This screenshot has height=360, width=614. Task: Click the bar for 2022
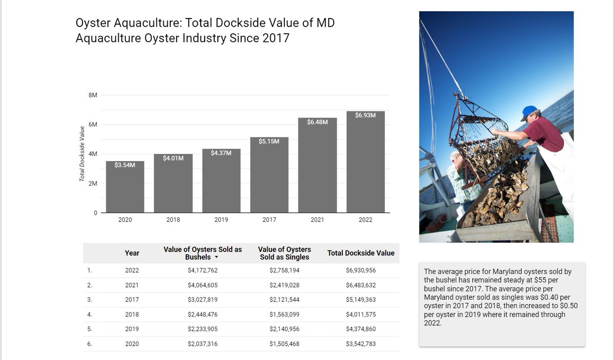365,164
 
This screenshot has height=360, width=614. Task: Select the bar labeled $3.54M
125,189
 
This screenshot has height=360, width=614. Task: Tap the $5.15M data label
269,141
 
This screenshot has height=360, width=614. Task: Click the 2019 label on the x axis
221,220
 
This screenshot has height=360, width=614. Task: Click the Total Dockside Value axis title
82,154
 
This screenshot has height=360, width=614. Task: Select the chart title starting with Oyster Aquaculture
205,31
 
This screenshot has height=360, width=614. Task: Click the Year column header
132,253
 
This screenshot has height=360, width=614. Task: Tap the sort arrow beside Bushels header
216,257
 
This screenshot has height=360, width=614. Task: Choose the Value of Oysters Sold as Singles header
284,253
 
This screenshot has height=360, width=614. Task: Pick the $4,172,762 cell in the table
203,271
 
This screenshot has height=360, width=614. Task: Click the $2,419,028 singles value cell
284,285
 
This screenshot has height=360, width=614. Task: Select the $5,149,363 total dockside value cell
361,300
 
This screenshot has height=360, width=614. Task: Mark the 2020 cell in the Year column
132,344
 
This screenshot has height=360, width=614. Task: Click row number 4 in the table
90,314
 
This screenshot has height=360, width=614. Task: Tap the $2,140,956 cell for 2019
284,329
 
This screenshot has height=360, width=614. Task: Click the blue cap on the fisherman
530,111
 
